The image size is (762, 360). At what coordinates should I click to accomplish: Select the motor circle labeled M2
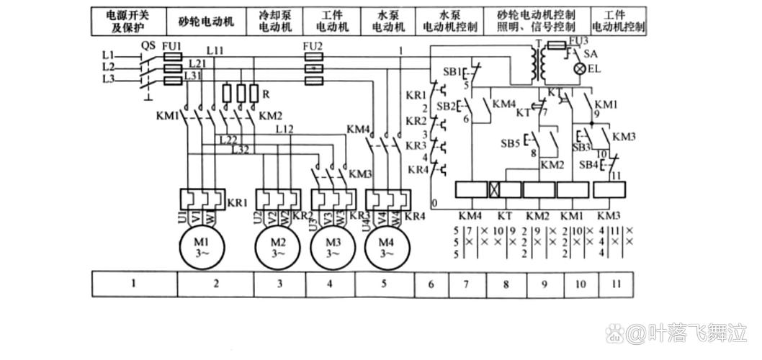(278, 247)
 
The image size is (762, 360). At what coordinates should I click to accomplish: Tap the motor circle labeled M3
(333, 247)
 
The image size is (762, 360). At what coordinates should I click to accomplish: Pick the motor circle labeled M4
(386, 247)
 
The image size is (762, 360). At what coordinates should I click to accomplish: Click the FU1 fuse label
(171, 45)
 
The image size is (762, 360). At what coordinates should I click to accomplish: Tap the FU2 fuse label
(312, 45)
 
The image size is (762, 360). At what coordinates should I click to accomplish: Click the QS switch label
(148, 45)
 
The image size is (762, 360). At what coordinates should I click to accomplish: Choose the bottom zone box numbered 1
(134, 284)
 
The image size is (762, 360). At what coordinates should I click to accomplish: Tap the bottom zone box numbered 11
(617, 284)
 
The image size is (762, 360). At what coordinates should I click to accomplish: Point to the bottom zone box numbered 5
(383, 284)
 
